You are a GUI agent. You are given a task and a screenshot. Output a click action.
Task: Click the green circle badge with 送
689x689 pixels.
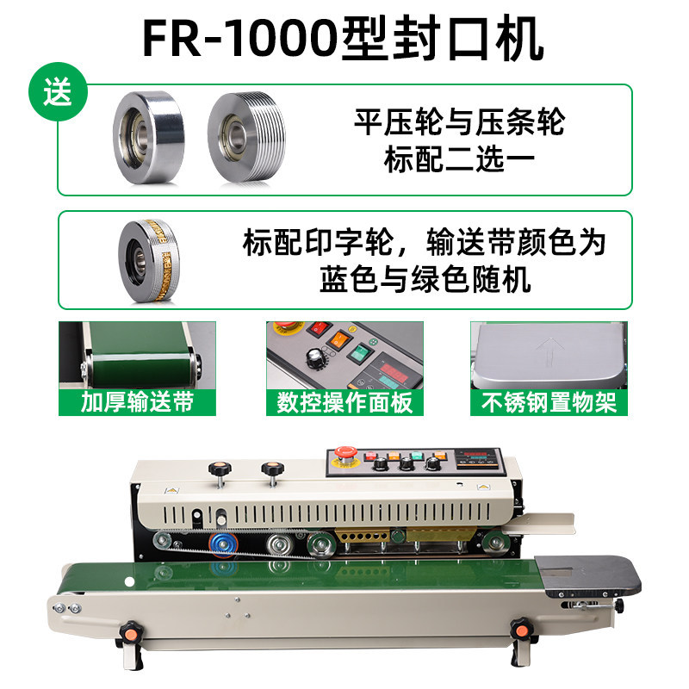[58, 92]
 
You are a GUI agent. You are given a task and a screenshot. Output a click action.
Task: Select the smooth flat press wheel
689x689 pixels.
[148, 137]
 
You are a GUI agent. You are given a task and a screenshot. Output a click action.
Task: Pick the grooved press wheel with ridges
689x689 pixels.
[246, 137]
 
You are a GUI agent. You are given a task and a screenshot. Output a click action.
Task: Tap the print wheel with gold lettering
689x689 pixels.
[149, 260]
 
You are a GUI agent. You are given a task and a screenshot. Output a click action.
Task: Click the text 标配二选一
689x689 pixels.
[459, 160]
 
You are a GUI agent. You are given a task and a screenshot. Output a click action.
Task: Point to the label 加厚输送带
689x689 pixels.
[137, 402]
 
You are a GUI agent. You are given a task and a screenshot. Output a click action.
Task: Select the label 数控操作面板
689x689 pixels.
[344, 402]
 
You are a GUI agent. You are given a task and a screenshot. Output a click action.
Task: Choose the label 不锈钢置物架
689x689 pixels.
[549, 402]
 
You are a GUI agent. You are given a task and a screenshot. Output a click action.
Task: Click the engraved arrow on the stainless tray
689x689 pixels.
[549, 351]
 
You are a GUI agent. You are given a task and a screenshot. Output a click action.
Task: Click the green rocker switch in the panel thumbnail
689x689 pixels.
[360, 352]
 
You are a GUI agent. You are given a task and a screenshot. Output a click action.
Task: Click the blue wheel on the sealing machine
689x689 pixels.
[223, 544]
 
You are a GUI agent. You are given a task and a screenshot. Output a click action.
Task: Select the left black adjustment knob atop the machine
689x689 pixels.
[220, 469]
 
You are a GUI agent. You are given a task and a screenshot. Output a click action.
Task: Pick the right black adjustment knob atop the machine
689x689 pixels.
[272, 469]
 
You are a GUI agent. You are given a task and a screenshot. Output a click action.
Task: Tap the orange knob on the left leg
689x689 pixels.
[131, 633]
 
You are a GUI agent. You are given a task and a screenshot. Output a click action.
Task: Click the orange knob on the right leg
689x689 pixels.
[522, 630]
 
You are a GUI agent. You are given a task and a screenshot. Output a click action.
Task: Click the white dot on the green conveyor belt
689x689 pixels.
[130, 582]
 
